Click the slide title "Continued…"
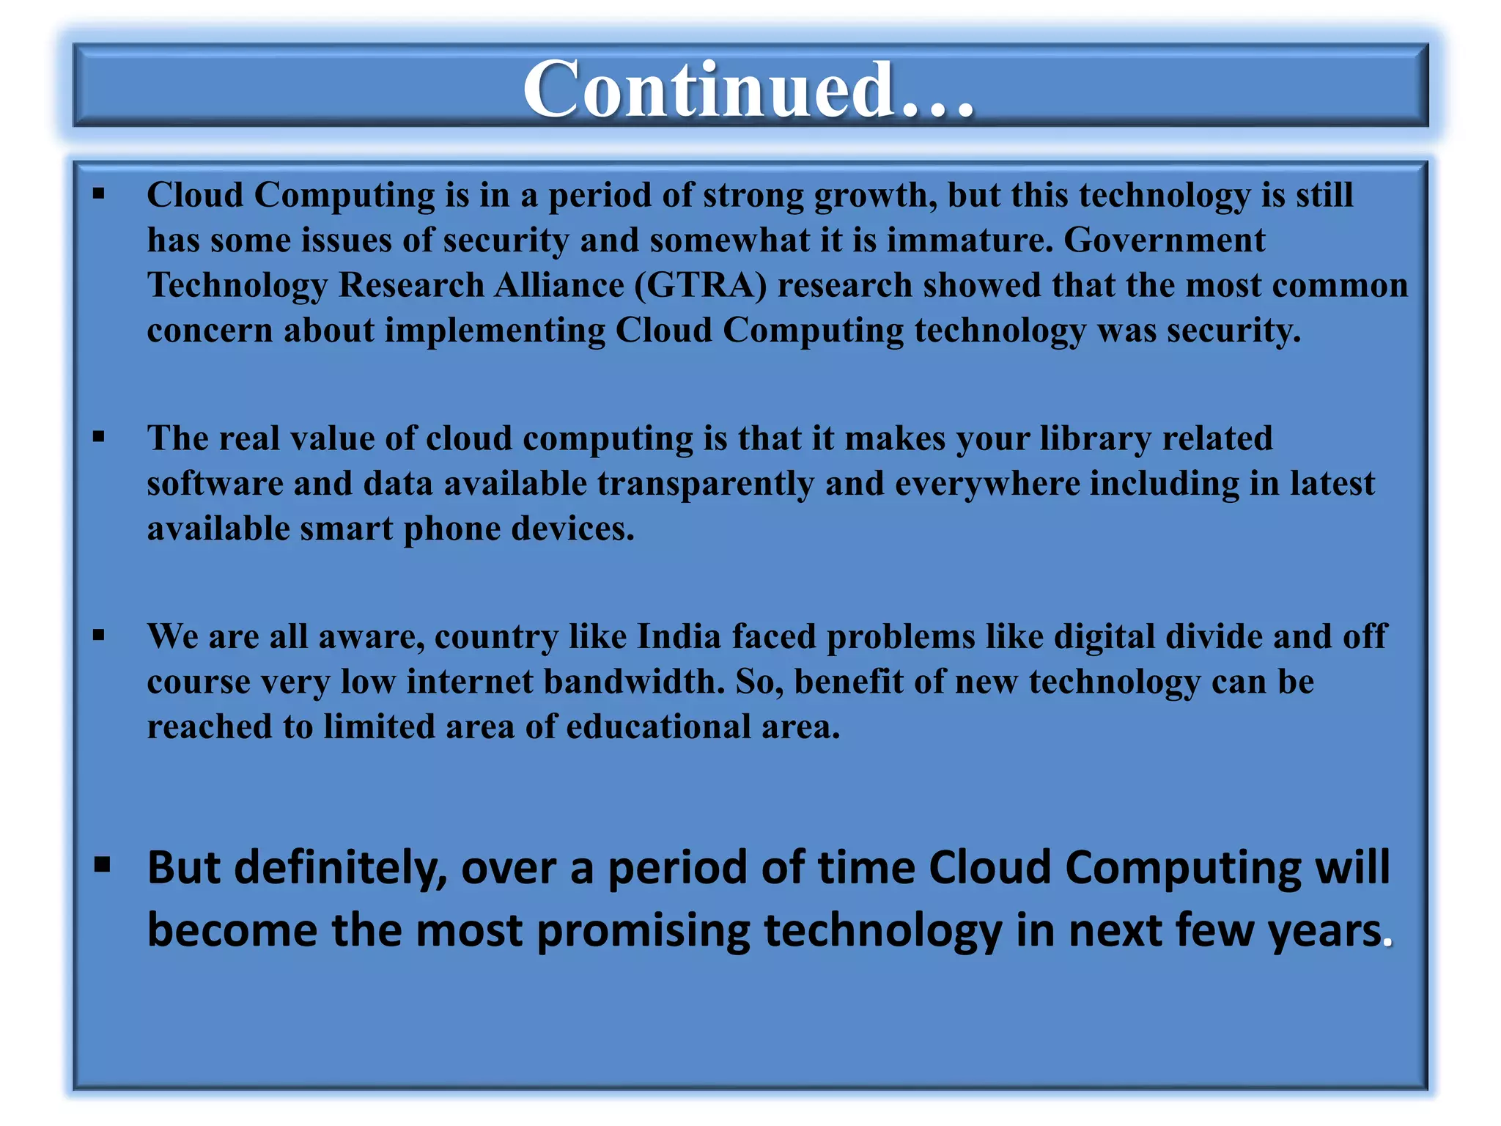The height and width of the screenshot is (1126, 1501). tap(748, 89)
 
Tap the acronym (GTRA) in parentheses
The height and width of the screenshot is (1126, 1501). tap(701, 285)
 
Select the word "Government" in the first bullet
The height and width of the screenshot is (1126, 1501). tap(1164, 240)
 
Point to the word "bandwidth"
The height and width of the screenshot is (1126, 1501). tap(634, 682)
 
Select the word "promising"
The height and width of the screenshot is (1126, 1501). tap(643, 931)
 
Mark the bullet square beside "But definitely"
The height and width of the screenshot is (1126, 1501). tap(102, 865)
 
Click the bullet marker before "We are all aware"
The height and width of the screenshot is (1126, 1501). tap(99, 636)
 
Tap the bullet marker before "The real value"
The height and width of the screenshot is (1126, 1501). tap(99, 438)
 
